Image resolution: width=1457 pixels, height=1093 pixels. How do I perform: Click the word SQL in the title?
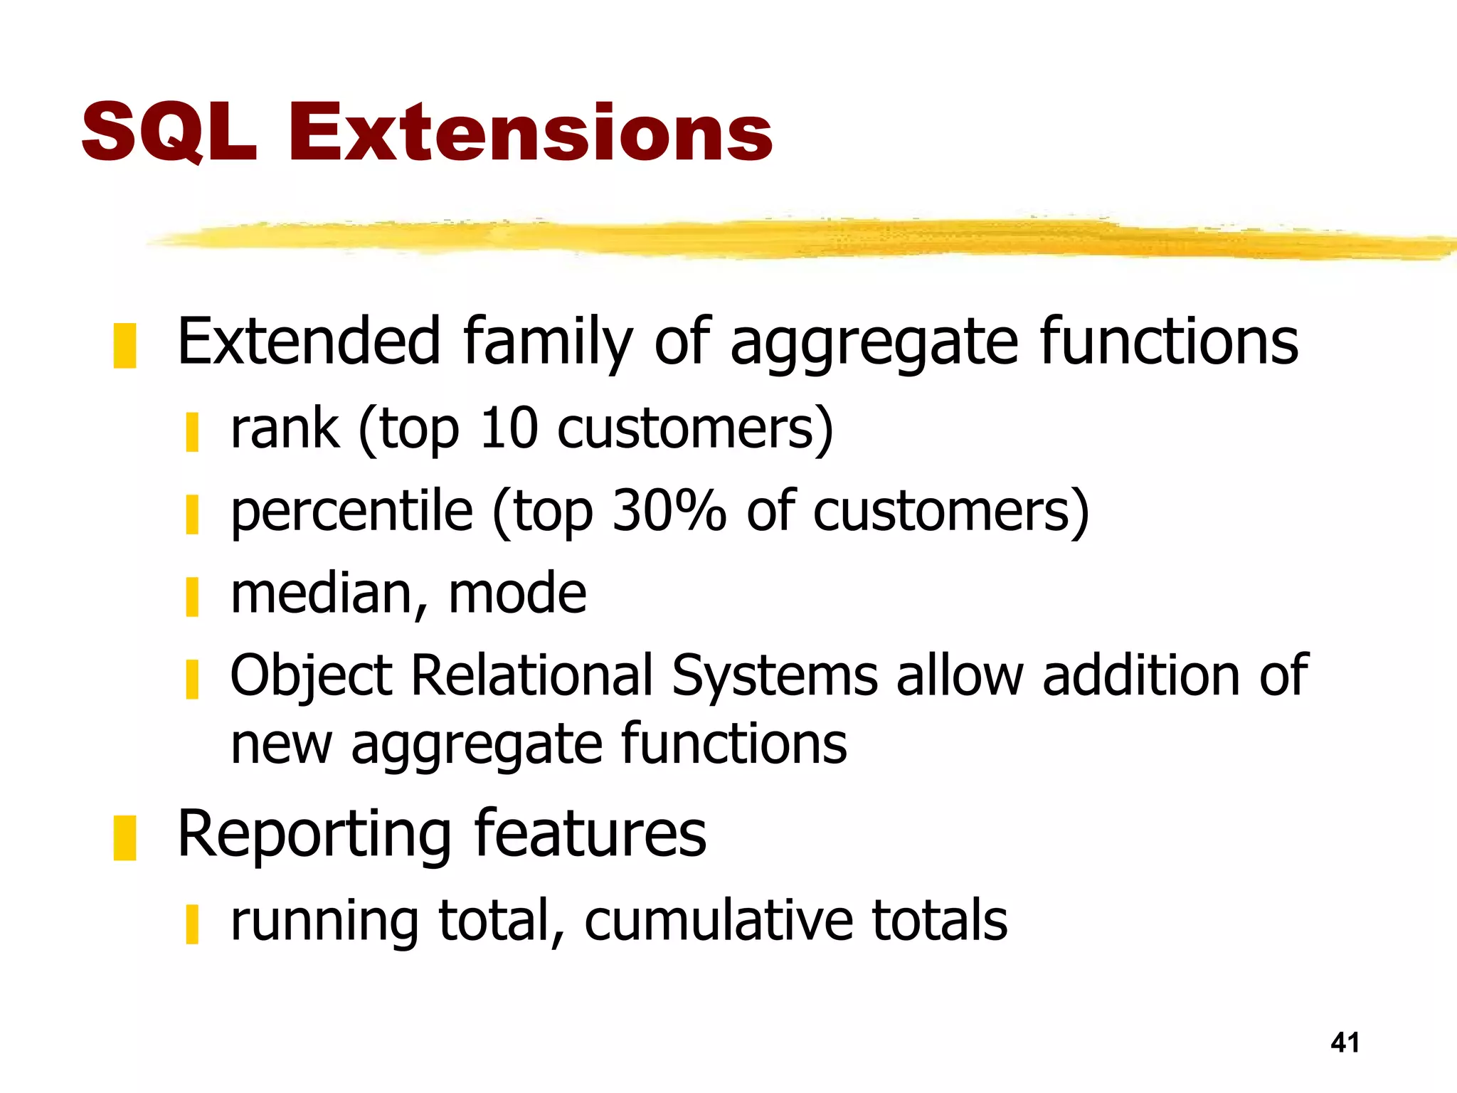[169, 132]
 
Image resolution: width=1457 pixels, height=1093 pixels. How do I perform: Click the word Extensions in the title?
[530, 132]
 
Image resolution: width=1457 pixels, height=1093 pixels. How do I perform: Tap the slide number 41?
[1345, 1042]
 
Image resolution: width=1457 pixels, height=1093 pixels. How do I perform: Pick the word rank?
[285, 429]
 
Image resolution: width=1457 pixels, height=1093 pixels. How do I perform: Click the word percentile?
[352, 511]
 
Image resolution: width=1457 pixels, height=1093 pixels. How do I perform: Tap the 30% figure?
[669, 511]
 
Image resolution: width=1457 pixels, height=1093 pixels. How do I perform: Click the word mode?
[517, 593]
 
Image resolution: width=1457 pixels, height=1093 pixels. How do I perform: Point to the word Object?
[311, 676]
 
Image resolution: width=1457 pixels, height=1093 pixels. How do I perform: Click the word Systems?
[775, 676]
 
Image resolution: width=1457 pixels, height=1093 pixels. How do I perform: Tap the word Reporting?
[314, 835]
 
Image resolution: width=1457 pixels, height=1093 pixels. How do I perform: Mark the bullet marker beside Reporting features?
[124, 838]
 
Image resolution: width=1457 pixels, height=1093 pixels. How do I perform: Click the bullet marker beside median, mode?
[191, 596]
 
